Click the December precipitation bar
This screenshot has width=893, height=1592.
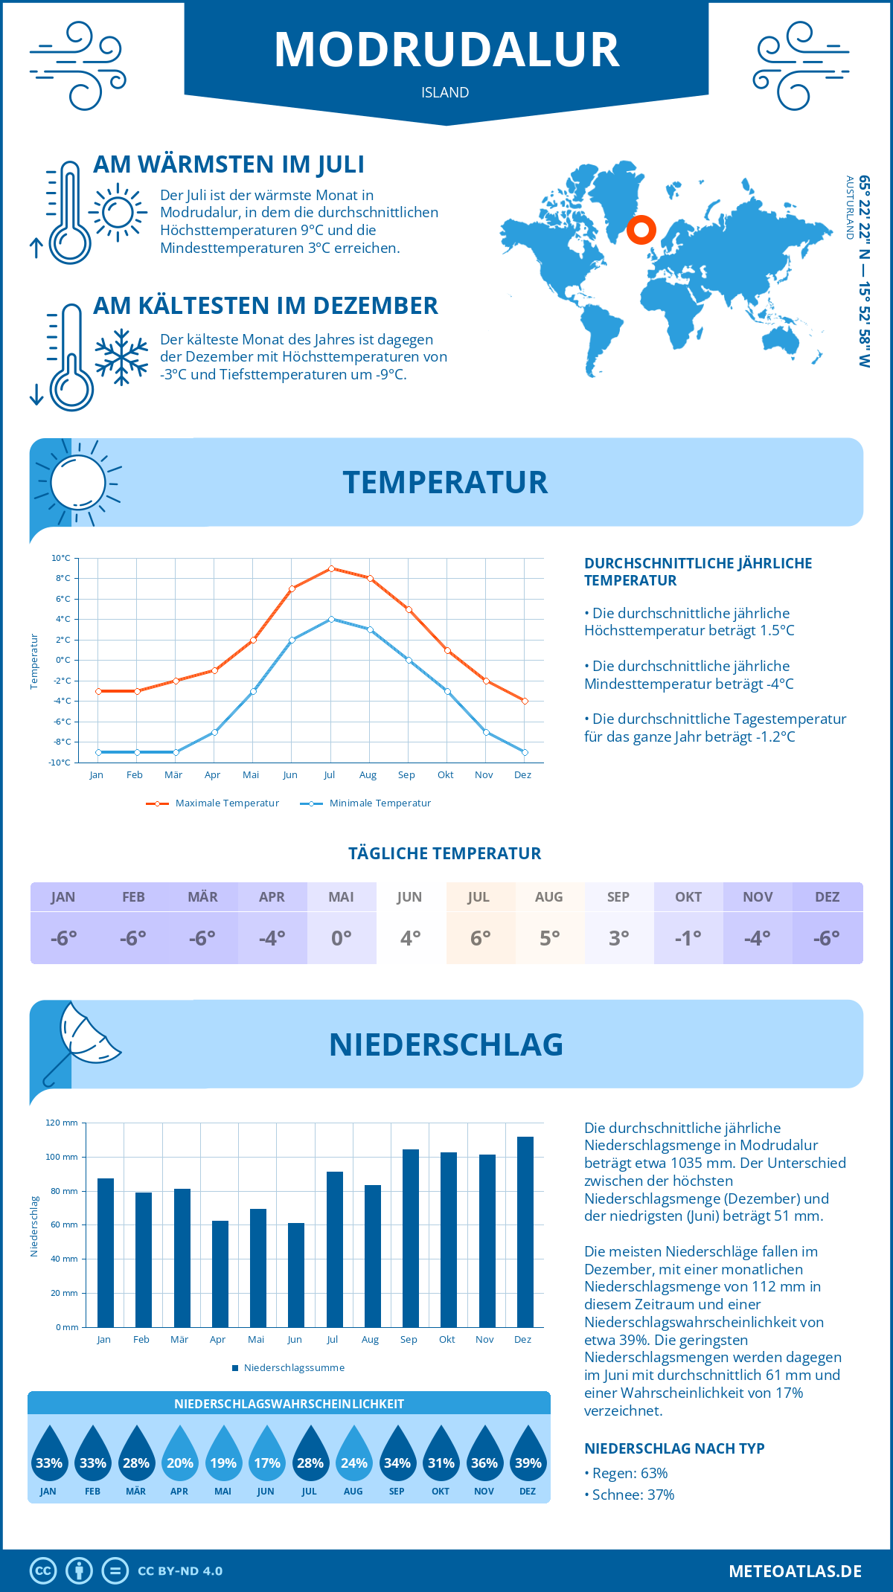pyautogui.click(x=525, y=1231)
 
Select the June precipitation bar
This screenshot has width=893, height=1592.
pyautogui.click(x=296, y=1274)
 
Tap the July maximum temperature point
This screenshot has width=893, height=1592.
pyautogui.click(x=331, y=568)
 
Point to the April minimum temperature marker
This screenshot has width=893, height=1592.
pyautogui.click(x=214, y=732)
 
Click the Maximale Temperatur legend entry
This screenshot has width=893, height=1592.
pyautogui.click(x=213, y=803)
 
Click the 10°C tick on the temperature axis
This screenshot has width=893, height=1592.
pyautogui.click(x=61, y=558)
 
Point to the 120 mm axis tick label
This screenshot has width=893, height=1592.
pyautogui.click(x=62, y=1123)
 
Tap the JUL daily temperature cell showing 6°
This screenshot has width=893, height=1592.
pyautogui.click(x=480, y=938)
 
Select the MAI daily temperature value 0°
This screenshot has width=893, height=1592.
pyautogui.click(x=342, y=938)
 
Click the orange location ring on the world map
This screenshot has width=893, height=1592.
pyautogui.click(x=641, y=229)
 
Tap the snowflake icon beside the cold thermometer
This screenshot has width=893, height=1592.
pyautogui.click(x=121, y=357)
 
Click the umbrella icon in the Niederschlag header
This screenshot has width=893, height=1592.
pyautogui.click(x=82, y=1038)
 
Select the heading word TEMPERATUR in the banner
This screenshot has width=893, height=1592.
pyautogui.click(x=445, y=482)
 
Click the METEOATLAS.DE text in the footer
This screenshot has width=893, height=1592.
pyautogui.click(x=795, y=1571)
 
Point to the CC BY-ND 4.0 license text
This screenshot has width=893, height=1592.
pyautogui.click(x=180, y=1571)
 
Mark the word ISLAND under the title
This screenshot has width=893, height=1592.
pyautogui.click(x=445, y=92)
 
